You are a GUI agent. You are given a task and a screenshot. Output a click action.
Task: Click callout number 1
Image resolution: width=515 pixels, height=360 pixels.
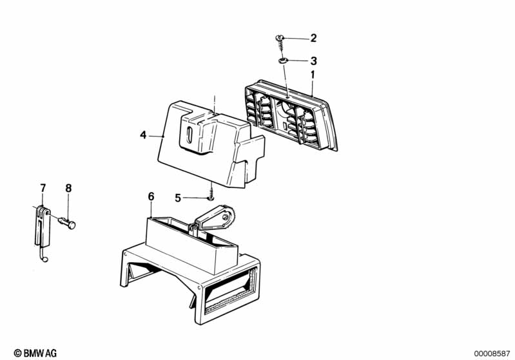point(313,75)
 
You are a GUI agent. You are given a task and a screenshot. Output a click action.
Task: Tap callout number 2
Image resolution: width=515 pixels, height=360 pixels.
point(313,38)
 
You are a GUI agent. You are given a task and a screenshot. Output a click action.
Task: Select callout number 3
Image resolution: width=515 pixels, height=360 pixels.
point(314,61)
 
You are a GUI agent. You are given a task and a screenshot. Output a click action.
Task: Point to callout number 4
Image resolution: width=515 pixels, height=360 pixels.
point(143,135)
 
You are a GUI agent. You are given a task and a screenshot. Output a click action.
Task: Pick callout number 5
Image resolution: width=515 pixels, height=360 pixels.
point(178,198)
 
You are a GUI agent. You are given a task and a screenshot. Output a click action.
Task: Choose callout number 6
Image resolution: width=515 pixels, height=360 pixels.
point(151,196)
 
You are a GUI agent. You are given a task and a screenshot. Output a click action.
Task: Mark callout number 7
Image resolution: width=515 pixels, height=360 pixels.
point(43,188)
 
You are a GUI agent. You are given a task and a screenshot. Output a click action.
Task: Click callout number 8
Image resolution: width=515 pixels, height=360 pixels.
point(68,188)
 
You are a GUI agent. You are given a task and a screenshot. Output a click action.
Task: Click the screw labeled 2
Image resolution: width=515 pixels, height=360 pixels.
point(279,43)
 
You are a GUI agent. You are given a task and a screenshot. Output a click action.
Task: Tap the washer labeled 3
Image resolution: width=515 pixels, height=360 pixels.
point(283,61)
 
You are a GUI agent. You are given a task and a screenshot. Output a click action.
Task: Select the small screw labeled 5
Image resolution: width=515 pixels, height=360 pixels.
point(211,193)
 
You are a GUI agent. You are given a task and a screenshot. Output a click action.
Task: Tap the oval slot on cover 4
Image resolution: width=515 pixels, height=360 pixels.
point(189,135)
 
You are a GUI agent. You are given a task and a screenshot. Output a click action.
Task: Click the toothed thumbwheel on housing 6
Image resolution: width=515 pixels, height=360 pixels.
point(231,216)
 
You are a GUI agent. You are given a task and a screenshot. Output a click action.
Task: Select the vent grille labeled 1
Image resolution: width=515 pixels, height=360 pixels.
point(291,115)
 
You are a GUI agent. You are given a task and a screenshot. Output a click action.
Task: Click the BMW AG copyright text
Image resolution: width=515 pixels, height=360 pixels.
point(35,353)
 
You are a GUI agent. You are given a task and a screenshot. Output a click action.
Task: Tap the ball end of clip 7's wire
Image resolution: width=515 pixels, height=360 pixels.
point(45,260)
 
